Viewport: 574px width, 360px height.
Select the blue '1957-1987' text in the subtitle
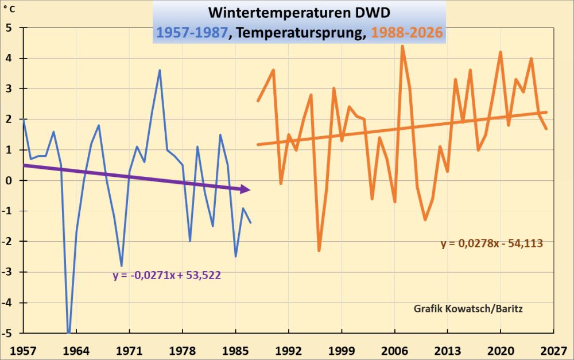pyautogui.click(x=191, y=32)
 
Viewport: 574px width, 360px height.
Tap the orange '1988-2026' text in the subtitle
pyautogui.click(x=407, y=32)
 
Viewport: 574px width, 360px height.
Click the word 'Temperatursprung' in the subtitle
pyautogui.click(x=298, y=32)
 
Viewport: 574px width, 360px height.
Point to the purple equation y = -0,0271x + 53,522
pyautogui.click(x=166, y=275)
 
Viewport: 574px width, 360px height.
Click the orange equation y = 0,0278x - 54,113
pyautogui.click(x=492, y=243)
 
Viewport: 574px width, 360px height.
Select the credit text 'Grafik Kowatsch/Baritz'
pyautogui.click(x=468, y=308)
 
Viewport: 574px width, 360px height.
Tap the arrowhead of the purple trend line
pyautogui.click(x=246, y=189)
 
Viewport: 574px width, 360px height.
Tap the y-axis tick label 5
pyautogui.click(x=9, y=28)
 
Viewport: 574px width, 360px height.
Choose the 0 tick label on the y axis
pyautogui.click(x=9, y=180)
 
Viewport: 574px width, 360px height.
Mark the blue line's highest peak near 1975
pyautogui.click(x=160, y=70)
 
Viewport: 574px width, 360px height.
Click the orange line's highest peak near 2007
pyautogui.click(x=402, y=46)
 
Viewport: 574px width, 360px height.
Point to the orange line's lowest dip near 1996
pyautogui.click(x=319, y=250)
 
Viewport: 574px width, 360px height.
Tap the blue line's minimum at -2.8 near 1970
pyautogui.click(x=122, y=265)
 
